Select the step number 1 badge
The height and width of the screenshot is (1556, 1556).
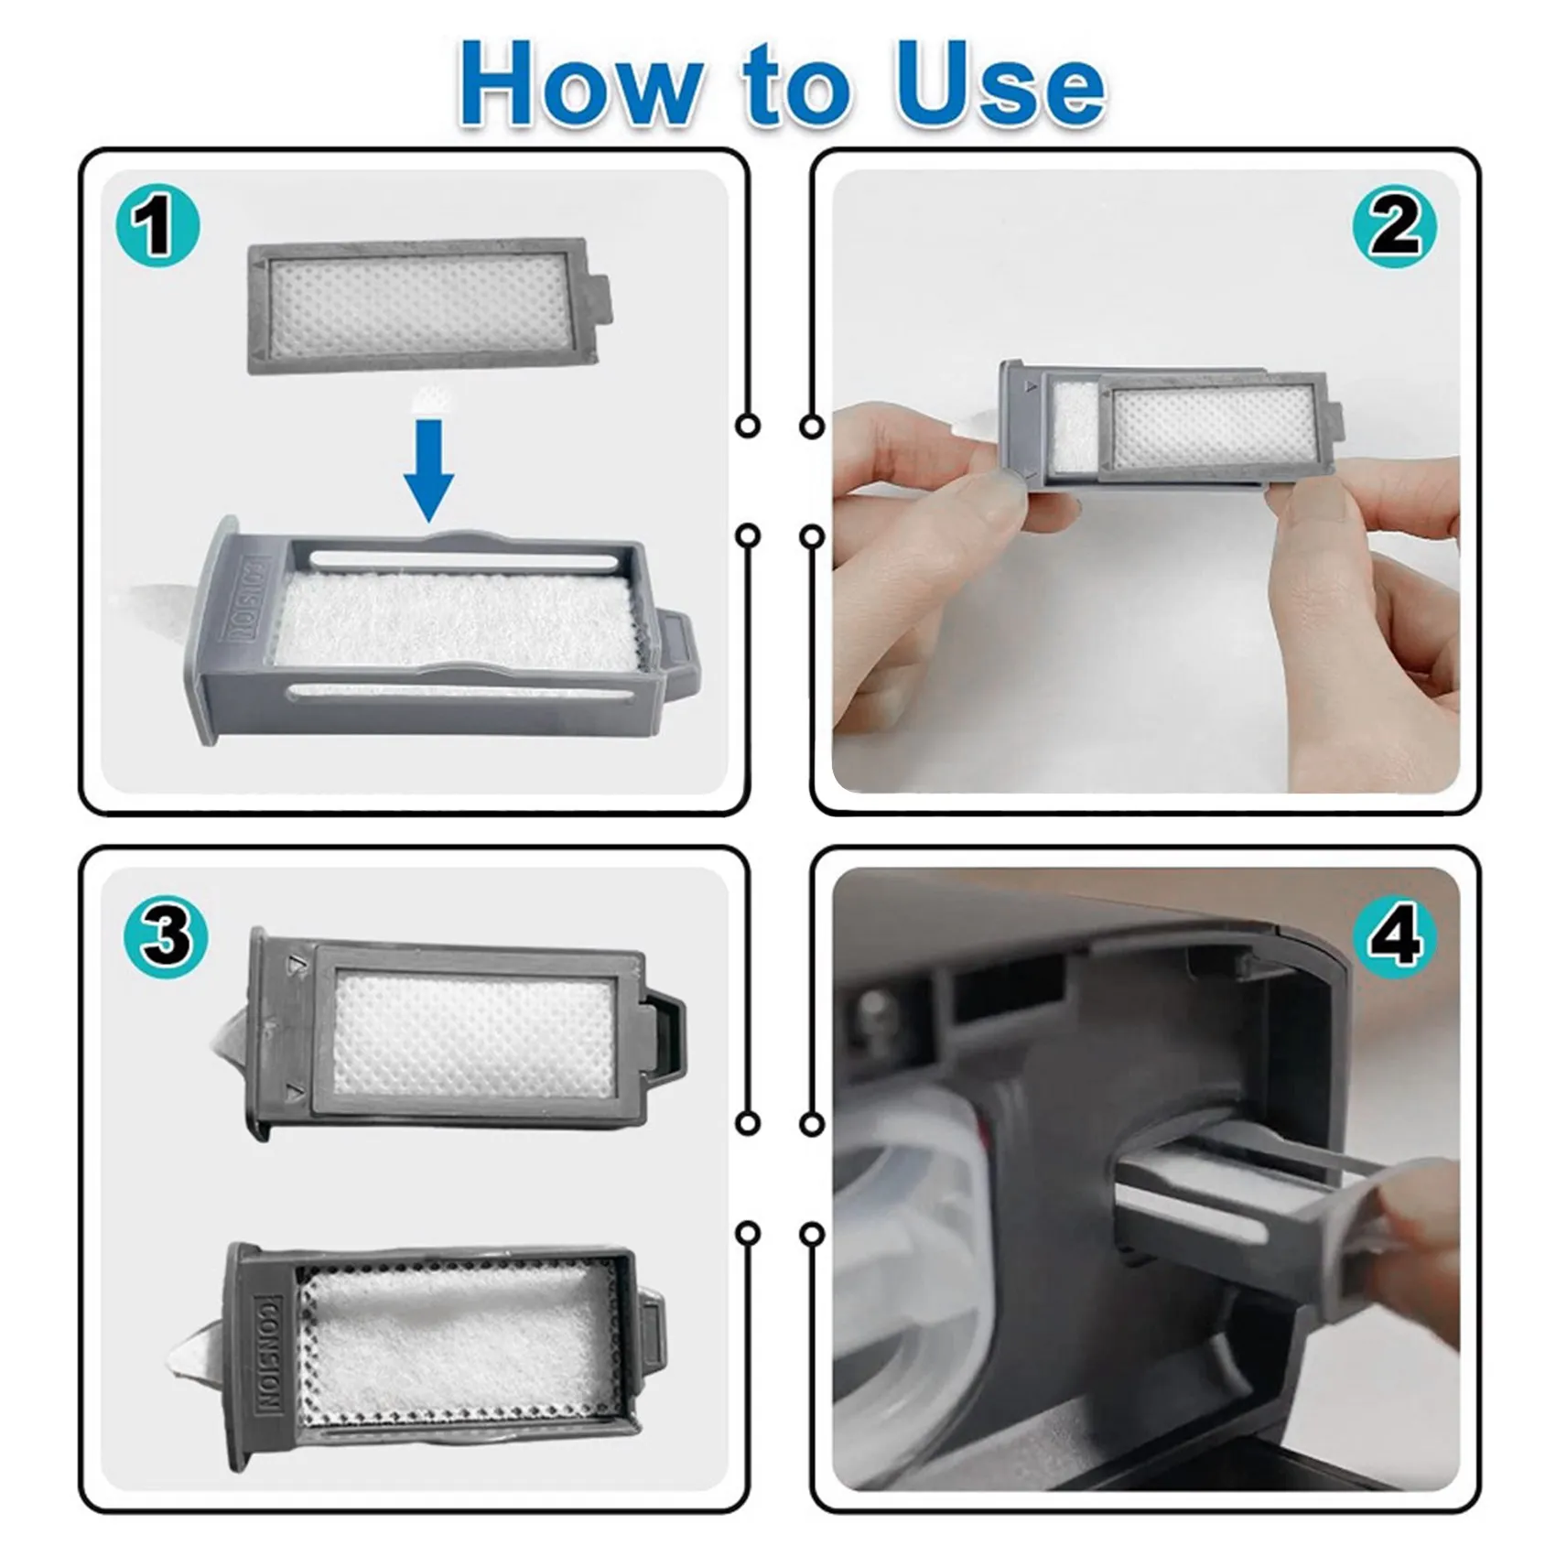point(157,226)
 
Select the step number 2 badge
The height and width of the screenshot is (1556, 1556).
point(1394,226)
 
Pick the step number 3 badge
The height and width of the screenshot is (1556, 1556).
point(166,936)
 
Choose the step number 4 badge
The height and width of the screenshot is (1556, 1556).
point(1394,936)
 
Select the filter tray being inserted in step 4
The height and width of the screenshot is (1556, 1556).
point(1236,1190)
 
